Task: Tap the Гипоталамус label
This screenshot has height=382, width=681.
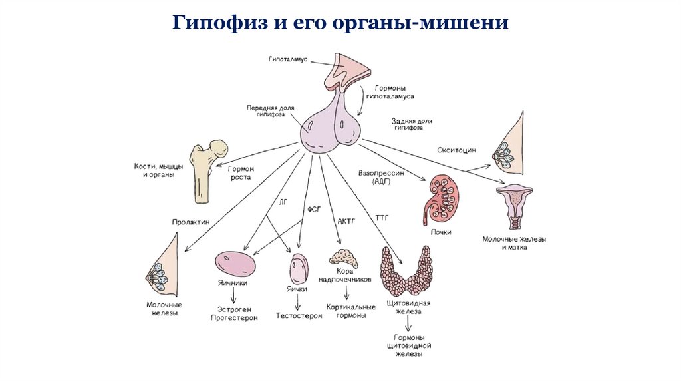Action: [287, 59]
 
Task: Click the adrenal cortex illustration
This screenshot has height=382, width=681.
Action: [344, 258]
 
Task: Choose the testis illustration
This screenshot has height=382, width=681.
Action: [298, 269]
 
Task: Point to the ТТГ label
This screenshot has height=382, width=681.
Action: [381, 218]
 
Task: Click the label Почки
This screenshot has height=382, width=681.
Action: [440, 232]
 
